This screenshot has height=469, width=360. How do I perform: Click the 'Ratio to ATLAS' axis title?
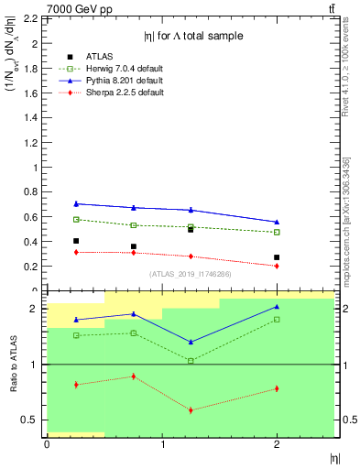[14, 364]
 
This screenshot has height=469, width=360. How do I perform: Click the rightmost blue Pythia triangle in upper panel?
[277, 222]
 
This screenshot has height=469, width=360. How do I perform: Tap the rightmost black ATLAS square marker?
[277, 257]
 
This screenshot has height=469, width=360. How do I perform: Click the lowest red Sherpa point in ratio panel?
[191, 409]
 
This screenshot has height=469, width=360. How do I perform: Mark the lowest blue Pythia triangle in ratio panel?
[191, 342]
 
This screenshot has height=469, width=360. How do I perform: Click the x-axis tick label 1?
[162, 444]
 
